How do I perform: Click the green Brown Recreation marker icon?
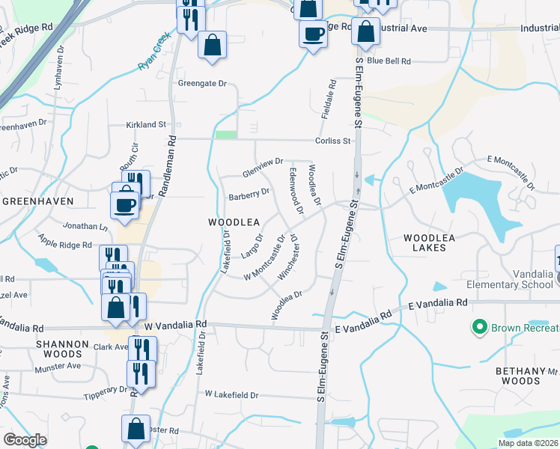pos(478,327)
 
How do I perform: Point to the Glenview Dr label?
pos(262,167)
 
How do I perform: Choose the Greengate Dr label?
pos(201,83)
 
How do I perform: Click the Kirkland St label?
pos(145,123)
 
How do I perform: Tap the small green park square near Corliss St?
pos(225,135)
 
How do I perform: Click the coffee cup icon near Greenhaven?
pos(125,204)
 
